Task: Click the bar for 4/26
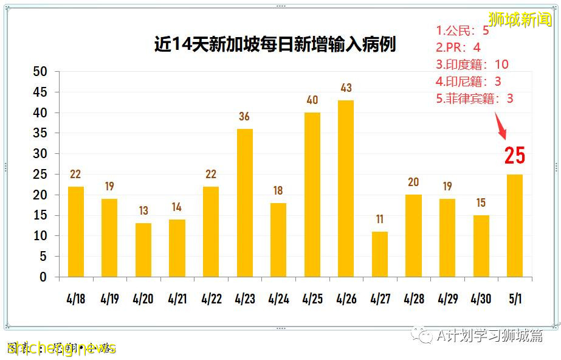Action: [346, 189]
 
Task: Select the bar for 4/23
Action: [244, 202]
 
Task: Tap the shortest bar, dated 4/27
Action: [379, 254]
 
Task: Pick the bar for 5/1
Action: [514, 226]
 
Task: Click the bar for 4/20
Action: [143, 250]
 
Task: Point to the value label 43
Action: [346, 88]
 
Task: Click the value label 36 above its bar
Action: [244, 117]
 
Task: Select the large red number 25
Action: [514, 156]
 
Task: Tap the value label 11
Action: [379, 220]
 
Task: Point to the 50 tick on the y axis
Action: [40, 72]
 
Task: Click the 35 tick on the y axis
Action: [40, 133]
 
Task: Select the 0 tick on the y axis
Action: [43, 277]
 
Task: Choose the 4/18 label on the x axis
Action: [76, 299]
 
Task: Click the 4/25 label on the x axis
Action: [312, 299]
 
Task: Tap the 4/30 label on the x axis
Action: [481, 299]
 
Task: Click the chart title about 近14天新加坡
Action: [275, 44]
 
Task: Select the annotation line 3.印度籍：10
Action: [472, 64]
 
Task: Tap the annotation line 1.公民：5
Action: [463, 30]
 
